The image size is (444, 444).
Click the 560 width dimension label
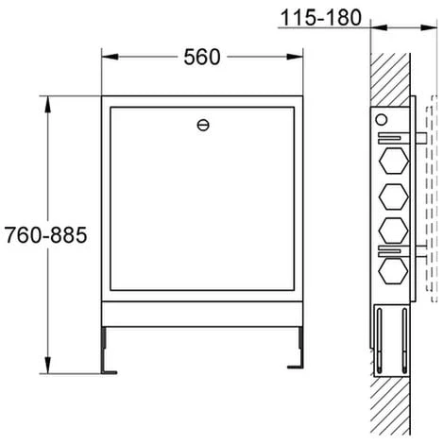pyautogui.click(x=202, y=57)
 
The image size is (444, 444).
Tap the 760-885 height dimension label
pyautogui.click(x=45, y=235)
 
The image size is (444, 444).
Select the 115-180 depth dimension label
pyautogui.click(x=321, y=18)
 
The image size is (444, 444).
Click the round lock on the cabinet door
pyautogui.click(x=203, y=126)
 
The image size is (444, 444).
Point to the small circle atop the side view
pyautogui.click(x=382, y=120)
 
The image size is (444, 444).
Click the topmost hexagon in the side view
pyautogui.click(x=394, y=161)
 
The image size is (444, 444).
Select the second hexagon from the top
pyautogui.click(x=394, y=196)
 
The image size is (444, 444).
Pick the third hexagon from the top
pyautogui.click(x=394, y=231)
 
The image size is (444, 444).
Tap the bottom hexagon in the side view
pyautogui.click(x=394, y=270)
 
